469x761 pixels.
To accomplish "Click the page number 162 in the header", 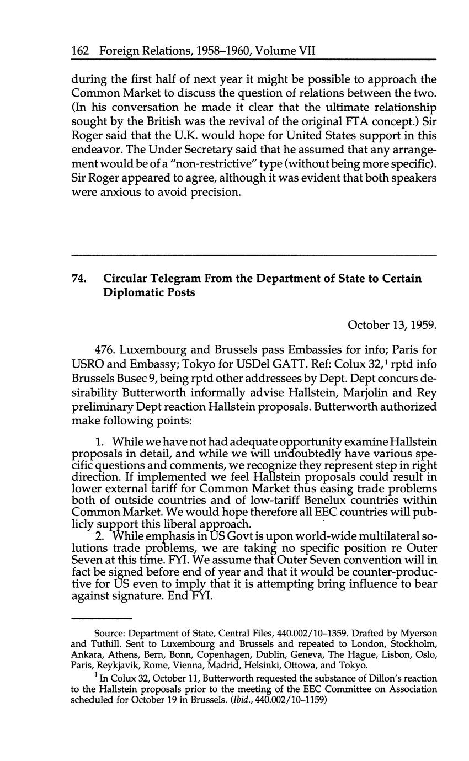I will click(x=81, y=51).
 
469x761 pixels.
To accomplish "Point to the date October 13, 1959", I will click(x=392, y=324).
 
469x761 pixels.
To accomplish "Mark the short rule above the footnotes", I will click(x=102, y=618).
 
